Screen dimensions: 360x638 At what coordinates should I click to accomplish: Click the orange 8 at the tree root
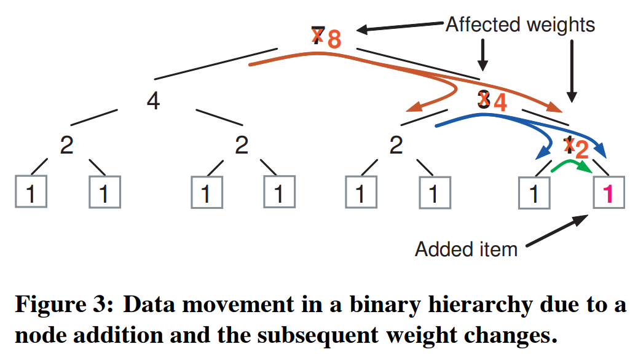tap(334, 39)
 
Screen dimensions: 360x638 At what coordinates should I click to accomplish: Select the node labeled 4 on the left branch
tap(153, 101)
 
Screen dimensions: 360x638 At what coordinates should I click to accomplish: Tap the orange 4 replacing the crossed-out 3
tap(500, 102)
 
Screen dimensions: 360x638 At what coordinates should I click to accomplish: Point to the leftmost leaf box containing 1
tap(31, 192)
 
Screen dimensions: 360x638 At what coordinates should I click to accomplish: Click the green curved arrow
tap(571, 165)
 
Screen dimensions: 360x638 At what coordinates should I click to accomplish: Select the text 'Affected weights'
tap(520, 25)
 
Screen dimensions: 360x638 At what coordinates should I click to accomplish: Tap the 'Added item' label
tap(466, 249)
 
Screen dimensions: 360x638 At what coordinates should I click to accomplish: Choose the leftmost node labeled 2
tap(66, 146)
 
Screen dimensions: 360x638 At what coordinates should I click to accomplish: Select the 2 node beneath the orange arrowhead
tap(396, 146)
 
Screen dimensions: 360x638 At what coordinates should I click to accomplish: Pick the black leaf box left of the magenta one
tap(535, 192)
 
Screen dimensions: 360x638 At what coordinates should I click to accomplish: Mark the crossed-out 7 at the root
tap(317, 36)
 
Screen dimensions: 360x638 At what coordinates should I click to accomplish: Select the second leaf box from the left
tap(104, 192)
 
